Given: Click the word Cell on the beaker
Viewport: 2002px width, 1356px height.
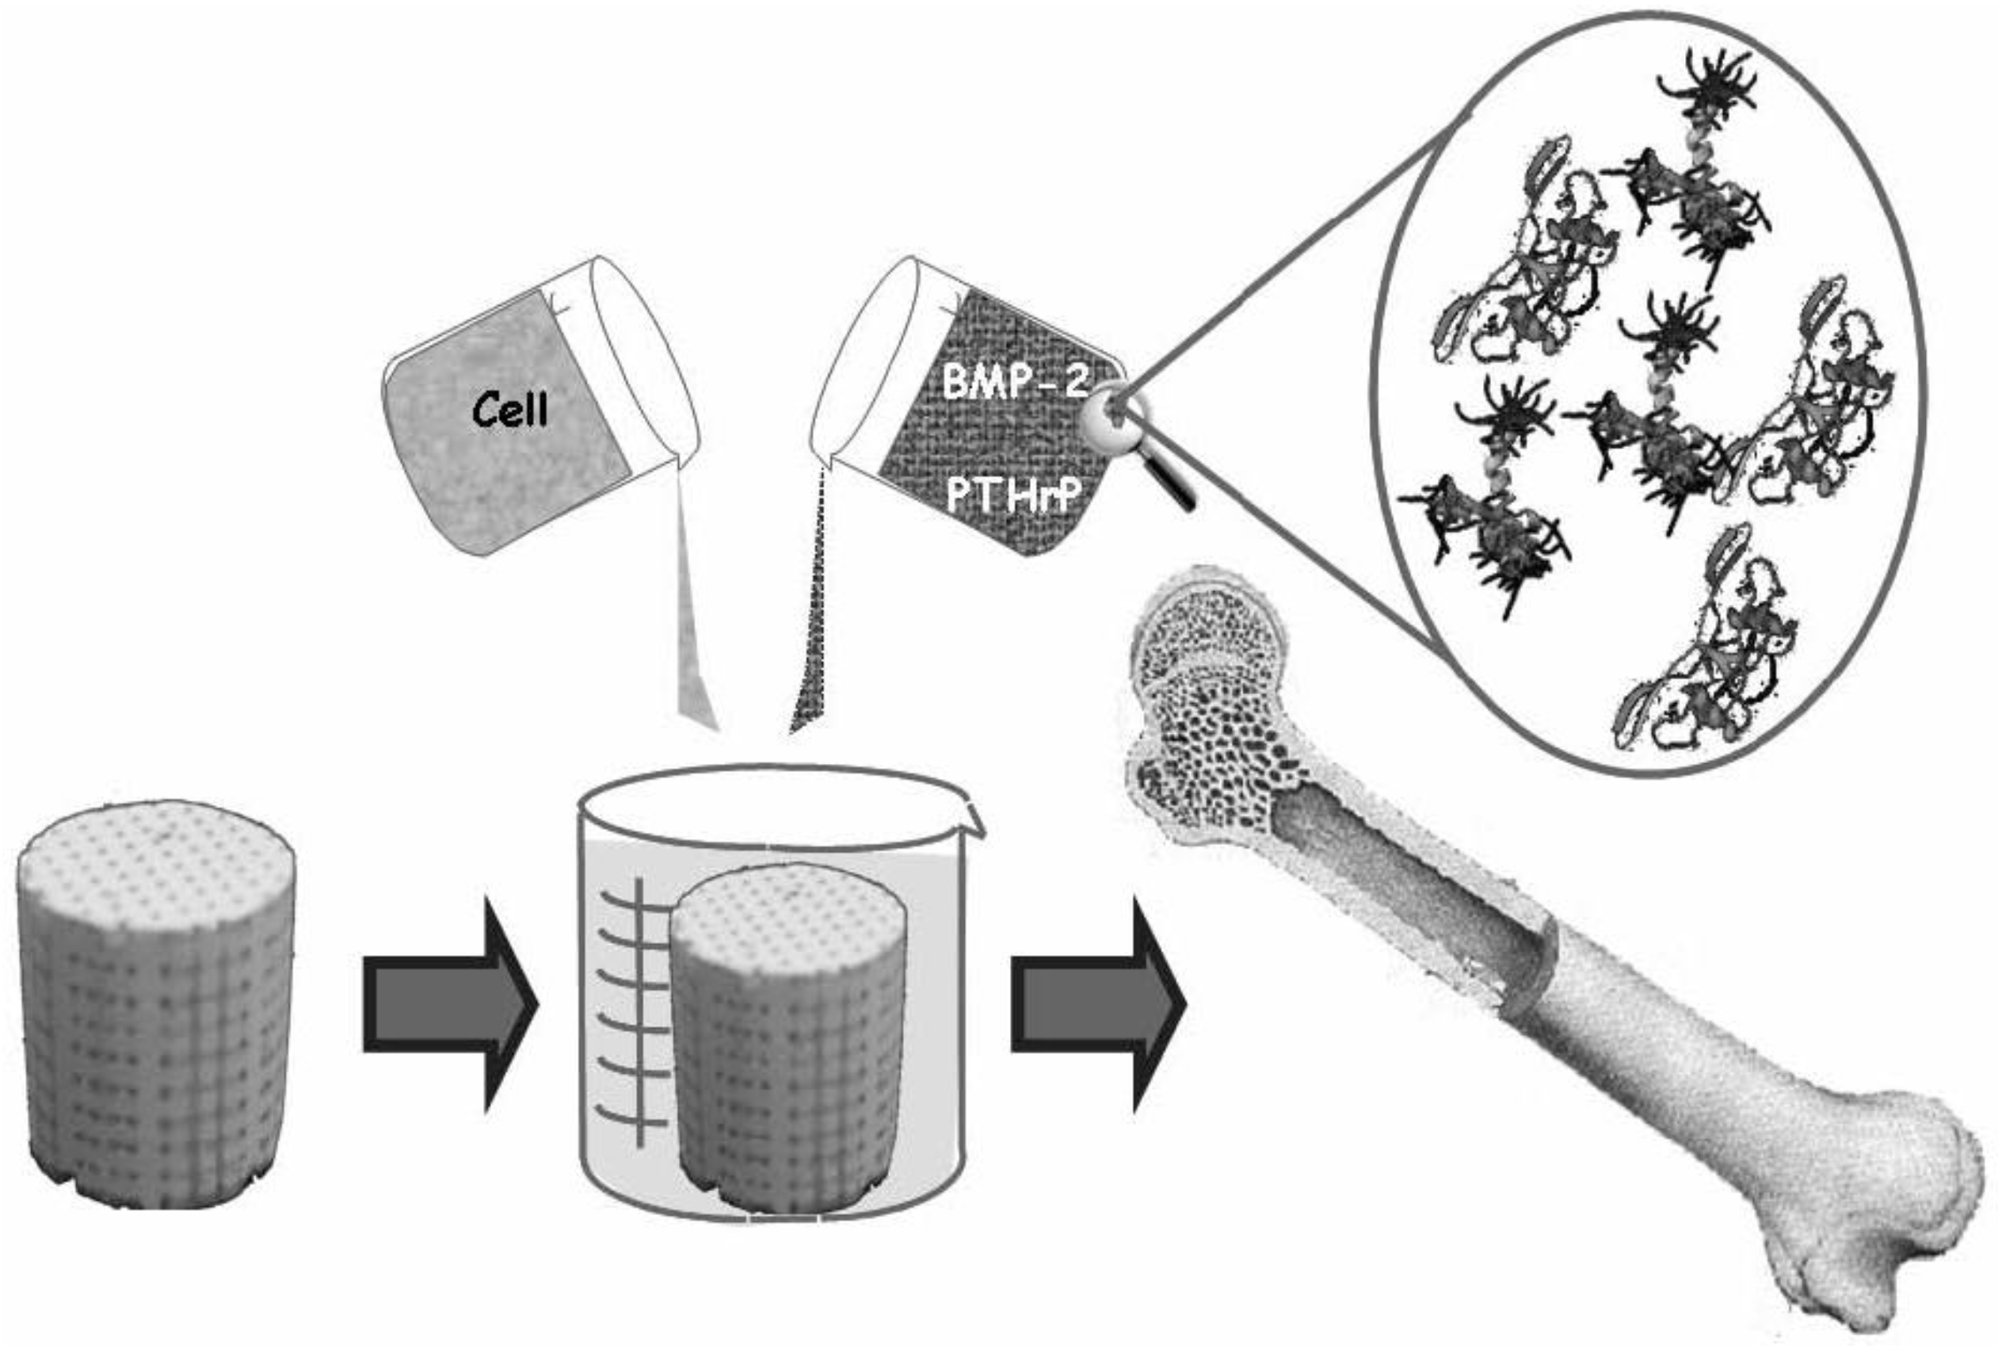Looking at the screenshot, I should pyautogui.click(x=510, y=409).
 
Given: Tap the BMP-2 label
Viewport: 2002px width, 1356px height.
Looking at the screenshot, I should pyautogui.click(x=1014, y=382).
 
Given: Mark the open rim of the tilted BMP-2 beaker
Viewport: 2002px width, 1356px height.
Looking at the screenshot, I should pyautogui.click(x=861, y=362).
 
